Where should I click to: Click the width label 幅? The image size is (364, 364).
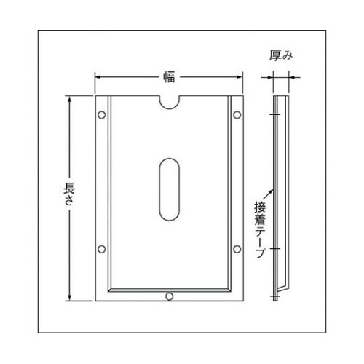[169, 76]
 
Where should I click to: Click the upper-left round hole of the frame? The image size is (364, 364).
[101, 114]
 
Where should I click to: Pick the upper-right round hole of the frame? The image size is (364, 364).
[237, 114]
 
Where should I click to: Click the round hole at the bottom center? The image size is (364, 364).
[170, 296]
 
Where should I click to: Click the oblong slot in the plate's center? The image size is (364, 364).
[169, 186]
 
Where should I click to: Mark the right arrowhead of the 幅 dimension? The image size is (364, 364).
[240, 76]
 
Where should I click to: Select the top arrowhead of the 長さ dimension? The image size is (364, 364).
[70, 98]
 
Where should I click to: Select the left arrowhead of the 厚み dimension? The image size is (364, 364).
[272, 75]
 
